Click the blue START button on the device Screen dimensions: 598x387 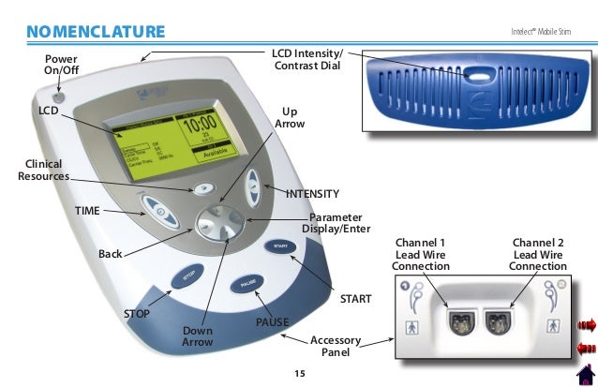(279, 246)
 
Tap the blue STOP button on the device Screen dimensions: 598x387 (187, 277)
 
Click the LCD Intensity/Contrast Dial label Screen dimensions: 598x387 (307, 57)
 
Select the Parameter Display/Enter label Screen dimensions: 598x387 (336, 223)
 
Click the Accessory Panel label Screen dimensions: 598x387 (336, 346)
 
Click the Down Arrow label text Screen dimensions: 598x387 (197, 338)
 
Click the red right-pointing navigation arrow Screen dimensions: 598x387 (587, 325)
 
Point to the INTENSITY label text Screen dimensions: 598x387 (312, 194)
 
